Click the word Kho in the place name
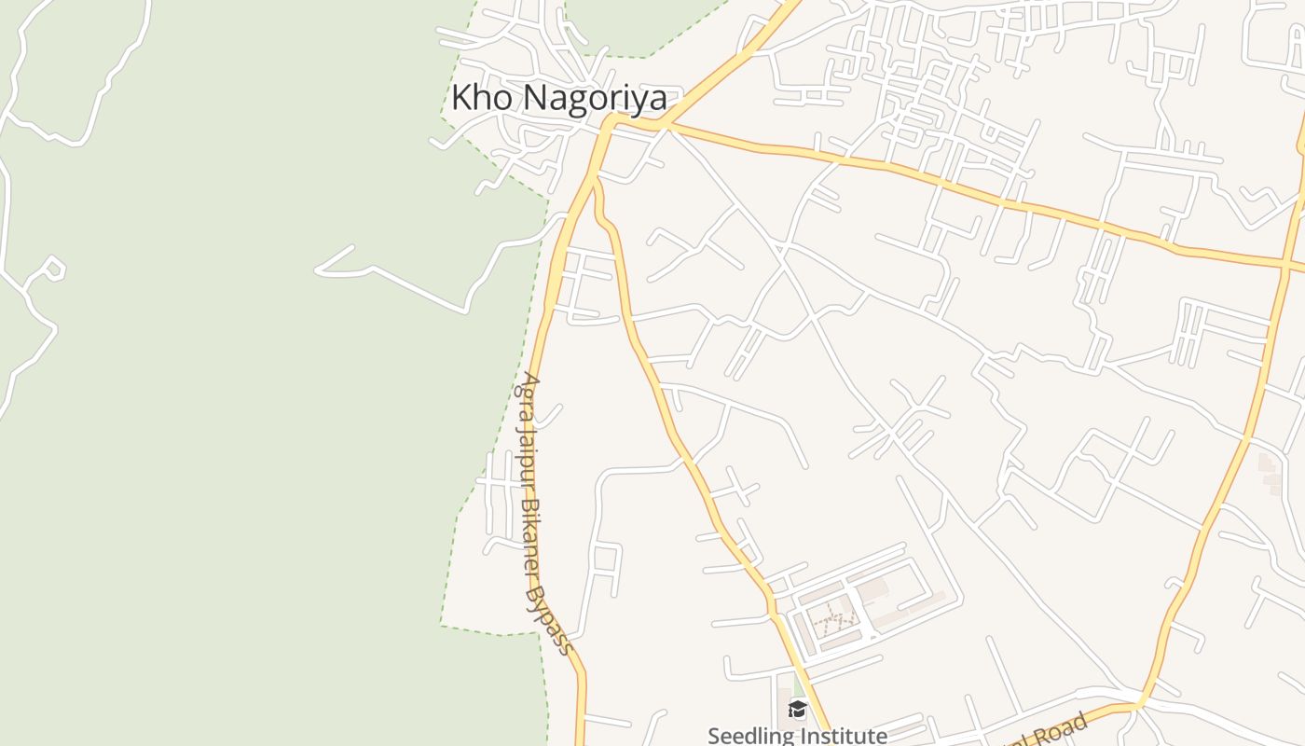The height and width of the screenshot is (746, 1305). click(x=482, y=97)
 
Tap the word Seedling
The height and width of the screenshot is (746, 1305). click(x=750, y=736)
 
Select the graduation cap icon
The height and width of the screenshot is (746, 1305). click(x=797, y=710)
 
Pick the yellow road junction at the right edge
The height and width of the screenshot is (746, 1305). click(x=1286, y=264)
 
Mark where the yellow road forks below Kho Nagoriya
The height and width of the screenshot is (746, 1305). click(x=595, y=177)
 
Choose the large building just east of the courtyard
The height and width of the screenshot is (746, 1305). click(x=872, y=589)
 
